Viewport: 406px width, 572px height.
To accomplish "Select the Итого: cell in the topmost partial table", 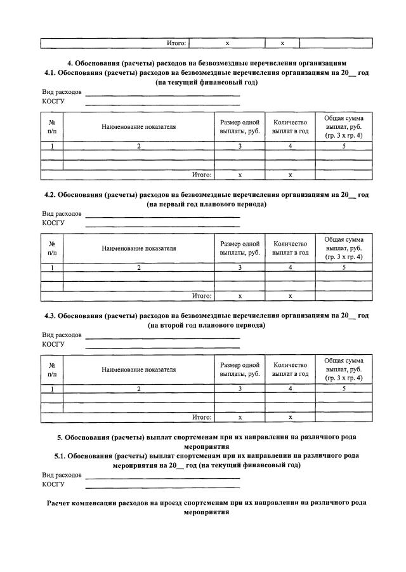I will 175,43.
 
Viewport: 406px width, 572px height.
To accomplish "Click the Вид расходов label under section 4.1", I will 62,93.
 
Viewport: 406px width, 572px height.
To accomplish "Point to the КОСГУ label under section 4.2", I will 53,223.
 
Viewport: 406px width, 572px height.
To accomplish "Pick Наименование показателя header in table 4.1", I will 138,127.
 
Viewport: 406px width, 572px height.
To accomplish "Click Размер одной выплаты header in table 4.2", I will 240,248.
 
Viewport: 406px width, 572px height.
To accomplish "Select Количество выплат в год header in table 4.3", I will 290,369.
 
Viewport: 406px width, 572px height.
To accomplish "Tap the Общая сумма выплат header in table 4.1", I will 343,127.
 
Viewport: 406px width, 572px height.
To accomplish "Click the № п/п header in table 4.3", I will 52,369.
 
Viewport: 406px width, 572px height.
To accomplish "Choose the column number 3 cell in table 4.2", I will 240,268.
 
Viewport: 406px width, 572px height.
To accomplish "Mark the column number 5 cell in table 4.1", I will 343,147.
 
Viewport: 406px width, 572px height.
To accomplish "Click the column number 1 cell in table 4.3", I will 52,389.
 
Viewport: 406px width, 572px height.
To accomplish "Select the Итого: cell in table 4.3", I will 201,417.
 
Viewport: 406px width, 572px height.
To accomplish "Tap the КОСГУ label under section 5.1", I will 53,484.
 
